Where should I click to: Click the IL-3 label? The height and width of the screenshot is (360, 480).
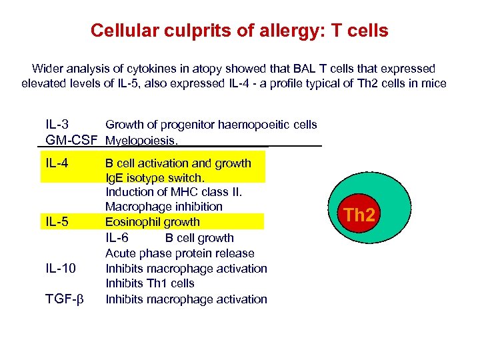coord(57,125)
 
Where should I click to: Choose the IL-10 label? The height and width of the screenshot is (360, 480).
coord(61,269)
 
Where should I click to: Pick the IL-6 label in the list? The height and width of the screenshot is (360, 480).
coord(117,238)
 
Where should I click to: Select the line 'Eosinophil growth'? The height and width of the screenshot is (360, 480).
coord(153,222)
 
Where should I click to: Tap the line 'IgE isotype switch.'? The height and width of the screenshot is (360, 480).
coord(155,178)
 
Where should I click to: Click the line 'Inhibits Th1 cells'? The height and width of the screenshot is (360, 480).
coord(150,283)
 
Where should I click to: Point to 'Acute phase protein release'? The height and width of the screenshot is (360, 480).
coord(180,253)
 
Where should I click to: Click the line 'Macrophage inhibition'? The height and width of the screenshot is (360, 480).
coord(164,207)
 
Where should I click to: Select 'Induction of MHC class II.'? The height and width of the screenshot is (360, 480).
coord(174,193)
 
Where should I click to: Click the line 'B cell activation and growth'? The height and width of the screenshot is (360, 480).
coord(179,163)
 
